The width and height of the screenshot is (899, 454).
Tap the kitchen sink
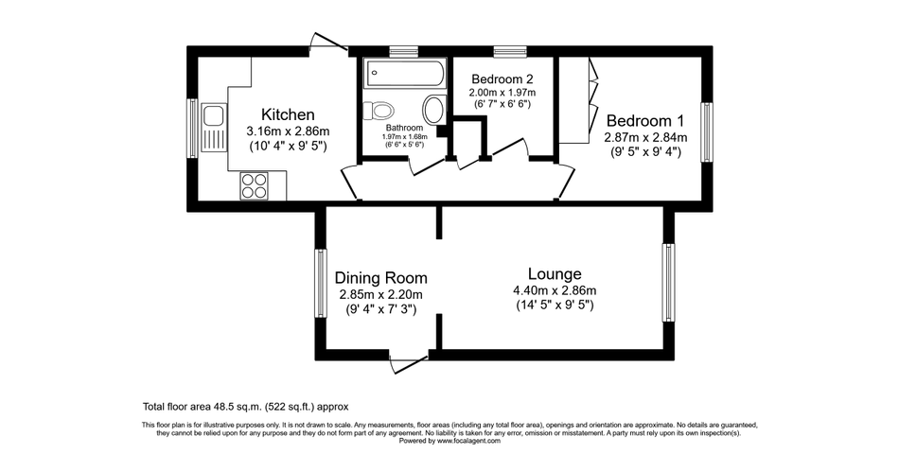pyautogui.click(x=213, y=127)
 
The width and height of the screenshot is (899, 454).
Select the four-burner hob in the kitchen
pyautogui.click(x=254, y=184)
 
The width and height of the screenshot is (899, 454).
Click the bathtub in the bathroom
pyautogui.click(x=404, y=72)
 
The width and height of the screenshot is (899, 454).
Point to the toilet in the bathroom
pyautogui.click(x=379, y=108)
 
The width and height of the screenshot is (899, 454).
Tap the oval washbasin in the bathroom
pyautogui.click(x=433, y=110)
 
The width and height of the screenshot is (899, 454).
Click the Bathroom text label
pyautogui.click(x=402, y=128)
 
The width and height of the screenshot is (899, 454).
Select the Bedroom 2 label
pyautogui.click(x=502, y=79)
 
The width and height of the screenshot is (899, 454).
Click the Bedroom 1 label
pyautogui.click(x=644, y=121)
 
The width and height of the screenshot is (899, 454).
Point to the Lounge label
pyautogui.click(x=554, y=273)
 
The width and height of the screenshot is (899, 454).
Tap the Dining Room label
pyautogui.click(x=380, y=278)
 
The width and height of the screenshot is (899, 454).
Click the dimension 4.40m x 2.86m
pyautogui.click(x=555, y=290)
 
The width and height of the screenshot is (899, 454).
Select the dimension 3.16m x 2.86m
pyautogui.click(x=288, y=131)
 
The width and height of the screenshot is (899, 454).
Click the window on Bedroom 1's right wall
pyautogui.click(x=706, y=131)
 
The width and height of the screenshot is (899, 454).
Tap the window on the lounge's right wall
pyautogui.click(x=668, y=282)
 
